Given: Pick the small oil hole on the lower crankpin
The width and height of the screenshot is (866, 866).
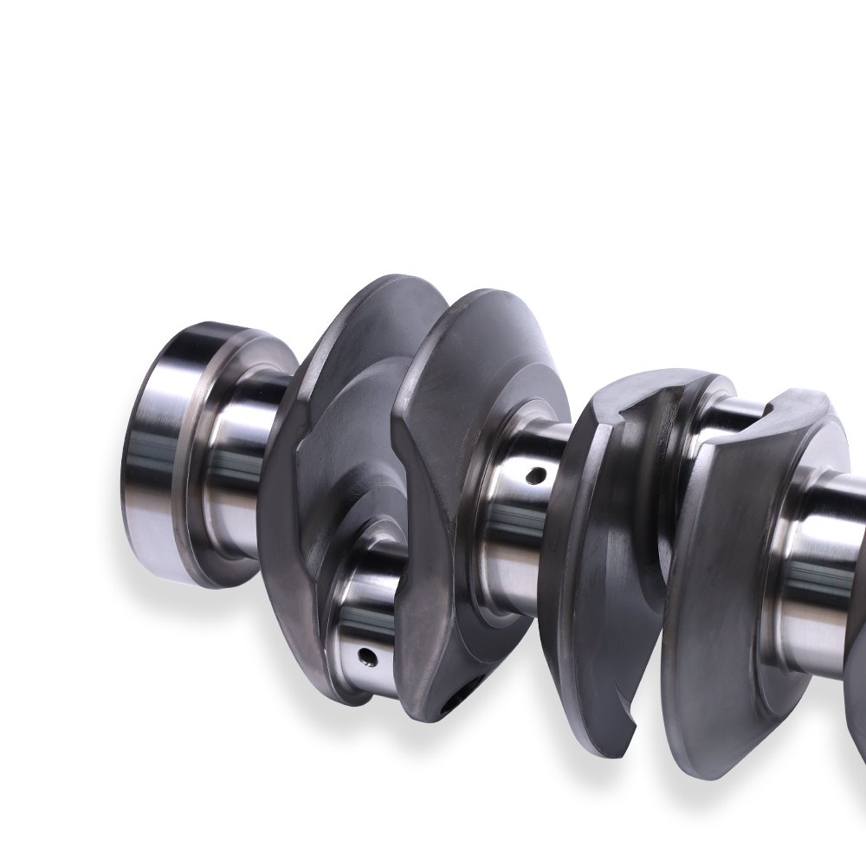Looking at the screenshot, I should (367, 655).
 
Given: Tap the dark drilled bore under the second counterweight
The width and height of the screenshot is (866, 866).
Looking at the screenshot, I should (459, 693).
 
